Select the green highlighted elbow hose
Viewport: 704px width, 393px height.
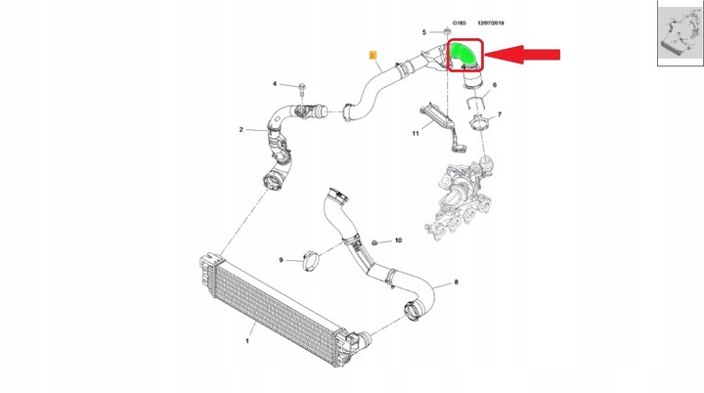point(462,55)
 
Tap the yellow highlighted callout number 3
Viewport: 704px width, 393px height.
point(372,57)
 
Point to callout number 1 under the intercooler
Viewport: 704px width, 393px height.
point(247,340)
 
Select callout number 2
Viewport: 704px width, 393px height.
point(241,129)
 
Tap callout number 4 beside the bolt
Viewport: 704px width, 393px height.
point(275,84)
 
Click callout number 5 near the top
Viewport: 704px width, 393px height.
point(424,32)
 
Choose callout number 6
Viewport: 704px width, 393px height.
point(494,86)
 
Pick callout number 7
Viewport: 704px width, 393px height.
point(500,115)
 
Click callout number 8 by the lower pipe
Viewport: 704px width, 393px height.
point(456,284)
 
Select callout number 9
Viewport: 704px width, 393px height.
point(281,260)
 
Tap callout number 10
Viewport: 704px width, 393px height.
point(399,240)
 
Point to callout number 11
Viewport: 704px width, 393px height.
point(415,132)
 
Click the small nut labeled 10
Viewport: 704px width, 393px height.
point(376,240)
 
